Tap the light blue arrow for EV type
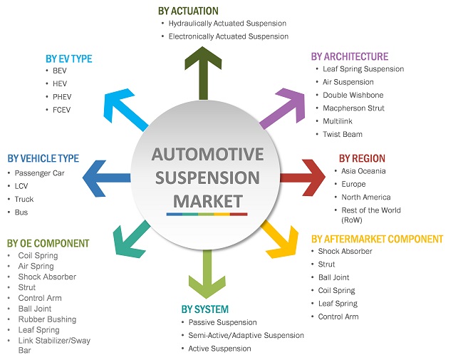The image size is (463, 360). pyautogui.click(x=128, y=111)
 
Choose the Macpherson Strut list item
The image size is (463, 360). pyautogui.click(x=353, y=108)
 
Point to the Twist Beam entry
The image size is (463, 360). pyautogui.click(x=342, y=134)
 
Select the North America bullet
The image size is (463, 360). pyautogui.click(x=366, y=197)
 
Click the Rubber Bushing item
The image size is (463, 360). pyautogui.click(x=47, y=319)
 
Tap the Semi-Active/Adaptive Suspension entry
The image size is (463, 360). pyautogui.click(x=246, y=335)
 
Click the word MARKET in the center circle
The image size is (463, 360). pyautogui.click(x=207, y=200)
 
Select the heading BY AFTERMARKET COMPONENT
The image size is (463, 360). pyautogui.click(x=377, y=239)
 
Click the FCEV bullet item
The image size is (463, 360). pyautogui.click(x=62, y=110)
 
